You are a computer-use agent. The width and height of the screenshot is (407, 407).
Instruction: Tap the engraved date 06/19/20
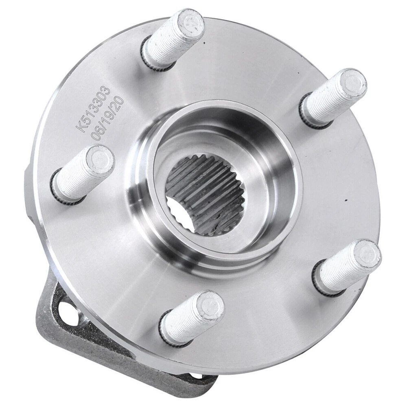point(109,118)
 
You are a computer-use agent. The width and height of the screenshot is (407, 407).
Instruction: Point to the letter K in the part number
point(79,128)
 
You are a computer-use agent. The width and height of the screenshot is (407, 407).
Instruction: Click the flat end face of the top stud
point(191,23)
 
